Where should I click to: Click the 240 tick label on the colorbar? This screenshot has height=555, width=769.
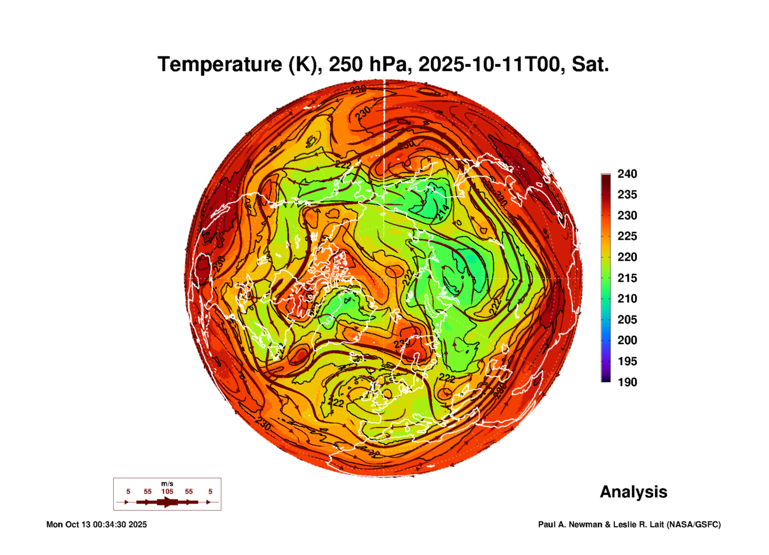coord(627,174)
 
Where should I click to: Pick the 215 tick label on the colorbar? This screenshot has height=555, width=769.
coord(627,278)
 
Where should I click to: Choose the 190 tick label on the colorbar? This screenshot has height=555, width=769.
coord(627,382)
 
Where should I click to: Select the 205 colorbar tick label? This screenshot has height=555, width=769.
coord(627,320)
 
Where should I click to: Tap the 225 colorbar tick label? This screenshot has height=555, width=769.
coord(627,236)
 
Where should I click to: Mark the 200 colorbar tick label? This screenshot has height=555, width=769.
coord(627,340)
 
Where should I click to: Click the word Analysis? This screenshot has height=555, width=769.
coord(633,492)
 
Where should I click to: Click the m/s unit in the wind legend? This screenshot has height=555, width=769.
coord(167,484)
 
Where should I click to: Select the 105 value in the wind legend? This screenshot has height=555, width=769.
coord(167,492)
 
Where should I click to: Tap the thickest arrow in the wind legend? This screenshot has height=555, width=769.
coord(168,502)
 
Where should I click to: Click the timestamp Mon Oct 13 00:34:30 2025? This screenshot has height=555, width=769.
coord(97,524)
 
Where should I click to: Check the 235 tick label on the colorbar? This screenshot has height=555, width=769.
coord(627,195)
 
